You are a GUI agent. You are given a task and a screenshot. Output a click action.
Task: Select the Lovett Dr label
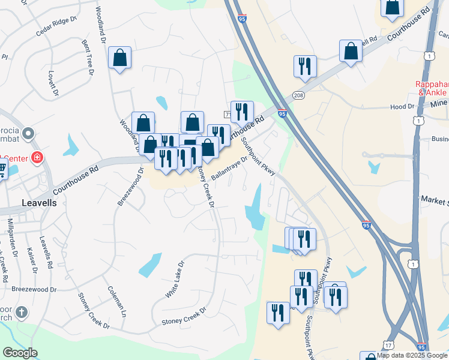pos(53,83)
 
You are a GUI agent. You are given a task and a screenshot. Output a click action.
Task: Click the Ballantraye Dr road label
pos(229,169)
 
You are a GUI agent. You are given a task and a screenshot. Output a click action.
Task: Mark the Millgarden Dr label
pos(11,236)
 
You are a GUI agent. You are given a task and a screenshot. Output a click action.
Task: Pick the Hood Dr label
pos(402,106)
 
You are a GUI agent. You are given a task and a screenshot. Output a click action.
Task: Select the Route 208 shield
pos(298,95)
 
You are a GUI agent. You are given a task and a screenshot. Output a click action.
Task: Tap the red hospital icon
pos(37,158)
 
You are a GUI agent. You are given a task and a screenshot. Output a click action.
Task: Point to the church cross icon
pos(22,312)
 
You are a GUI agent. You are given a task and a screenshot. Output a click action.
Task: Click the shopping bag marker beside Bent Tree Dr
pos(120,58)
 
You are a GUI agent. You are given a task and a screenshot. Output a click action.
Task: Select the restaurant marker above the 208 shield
pos(305,66)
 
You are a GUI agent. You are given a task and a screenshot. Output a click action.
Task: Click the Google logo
pos(20,353)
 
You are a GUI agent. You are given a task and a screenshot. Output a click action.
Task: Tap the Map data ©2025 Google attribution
pos(412,355)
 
